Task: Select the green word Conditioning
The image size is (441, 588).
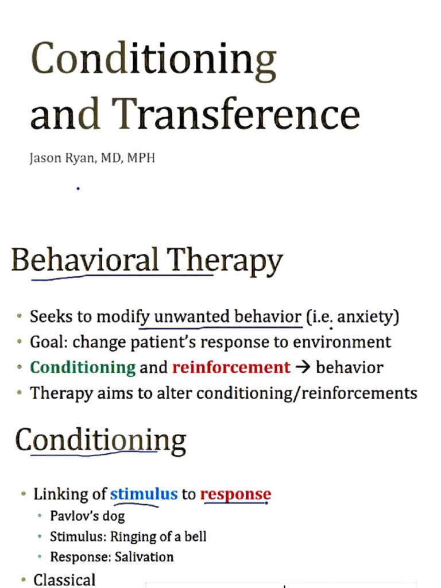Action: coord(83,367)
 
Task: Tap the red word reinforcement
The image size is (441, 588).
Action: coord(231,367)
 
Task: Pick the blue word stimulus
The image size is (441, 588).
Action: coord(144,494)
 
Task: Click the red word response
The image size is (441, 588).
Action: coord(235,494)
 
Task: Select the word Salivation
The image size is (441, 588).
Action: coord(144,557)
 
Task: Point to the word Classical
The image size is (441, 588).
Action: coord(64,579)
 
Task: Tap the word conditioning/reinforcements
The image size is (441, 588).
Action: coord(307,393)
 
